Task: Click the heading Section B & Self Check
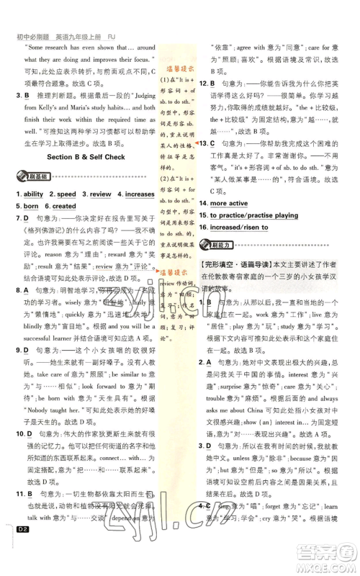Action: click(86, 157)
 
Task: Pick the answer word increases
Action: click(139, 194)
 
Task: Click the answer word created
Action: click(63, 206)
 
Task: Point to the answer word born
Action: click(31, 206)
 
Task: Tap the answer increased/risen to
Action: click(239, 228)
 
